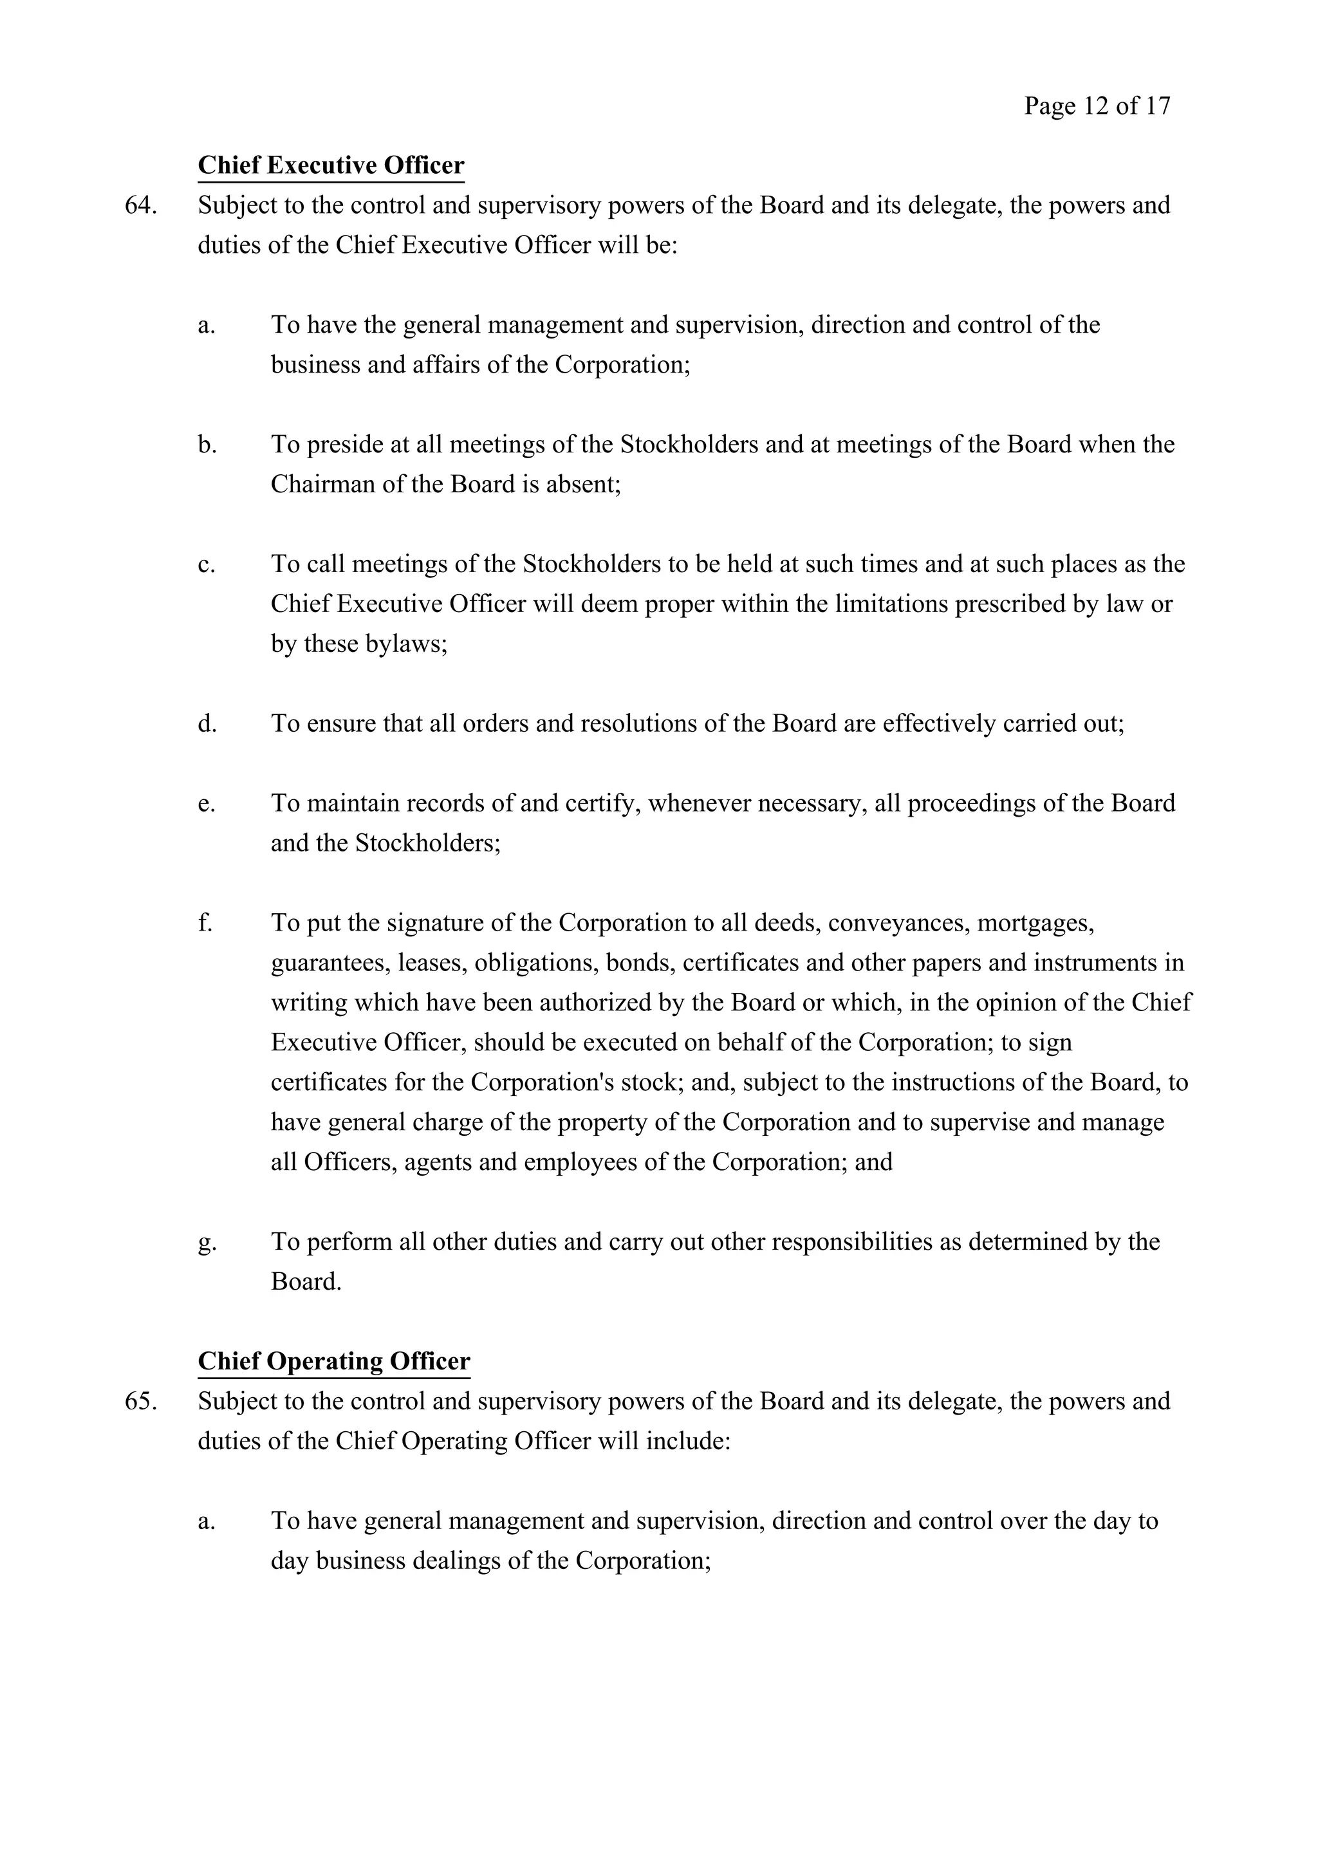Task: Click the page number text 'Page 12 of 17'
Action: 1097,106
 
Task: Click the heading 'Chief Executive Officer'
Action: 331,165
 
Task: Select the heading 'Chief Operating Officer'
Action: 334,1360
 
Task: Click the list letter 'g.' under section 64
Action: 207,1241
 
